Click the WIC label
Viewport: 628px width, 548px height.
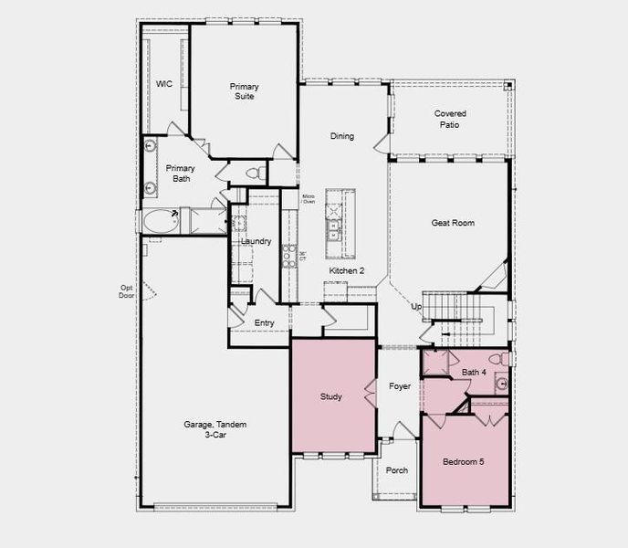(164, 84)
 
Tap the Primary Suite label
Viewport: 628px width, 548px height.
(242, 91)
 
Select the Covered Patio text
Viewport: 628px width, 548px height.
(447, 120)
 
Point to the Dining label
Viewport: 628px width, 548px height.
(342, 137)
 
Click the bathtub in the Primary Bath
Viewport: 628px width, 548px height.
(162, 221)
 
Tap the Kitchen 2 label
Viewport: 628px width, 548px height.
(347, 271)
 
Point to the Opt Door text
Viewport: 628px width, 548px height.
(126, 292)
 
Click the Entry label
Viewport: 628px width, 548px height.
(264, 322)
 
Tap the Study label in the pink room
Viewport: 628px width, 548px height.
(330, 396)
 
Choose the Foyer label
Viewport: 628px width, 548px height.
(400, 386)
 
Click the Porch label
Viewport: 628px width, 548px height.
(397, 470)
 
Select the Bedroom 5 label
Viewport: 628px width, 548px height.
(464, 462)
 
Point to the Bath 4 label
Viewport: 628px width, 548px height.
(474, 372)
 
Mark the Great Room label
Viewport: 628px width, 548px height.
(453, 223)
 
